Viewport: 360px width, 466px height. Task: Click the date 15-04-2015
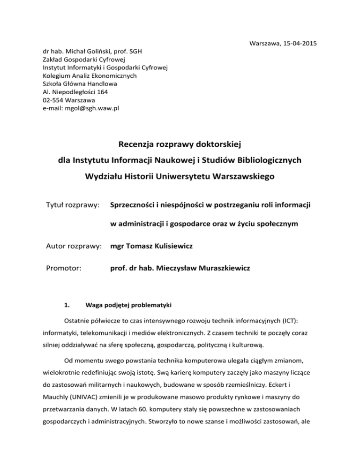(x=294, y=44)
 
